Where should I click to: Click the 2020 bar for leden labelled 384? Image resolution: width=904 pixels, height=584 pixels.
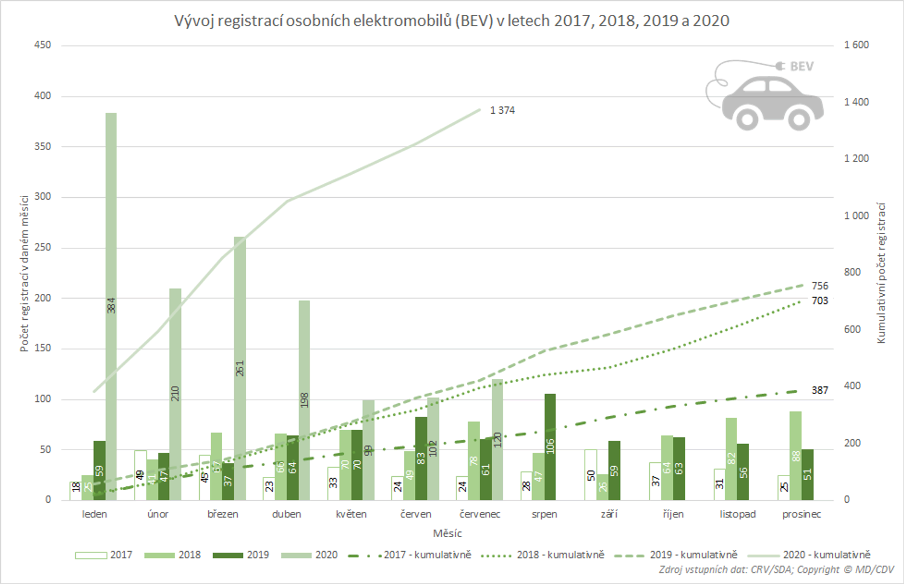tap(111, 265)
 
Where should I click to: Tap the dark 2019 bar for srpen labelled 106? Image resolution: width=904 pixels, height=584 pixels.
tap(550, 447)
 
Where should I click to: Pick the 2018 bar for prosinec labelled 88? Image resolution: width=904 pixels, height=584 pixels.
tap(796, 455)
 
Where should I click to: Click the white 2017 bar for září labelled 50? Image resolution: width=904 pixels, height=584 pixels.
tap(590, 475)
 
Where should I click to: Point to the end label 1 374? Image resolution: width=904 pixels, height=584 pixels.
tap(502, 110)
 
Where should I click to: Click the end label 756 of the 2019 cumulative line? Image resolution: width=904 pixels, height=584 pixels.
tap(820, 286)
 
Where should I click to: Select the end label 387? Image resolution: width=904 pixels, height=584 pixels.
tap(820, 390)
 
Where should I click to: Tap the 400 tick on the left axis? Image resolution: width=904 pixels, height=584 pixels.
tap(43, 96)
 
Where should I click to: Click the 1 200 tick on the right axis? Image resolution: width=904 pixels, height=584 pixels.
tap(856, 159)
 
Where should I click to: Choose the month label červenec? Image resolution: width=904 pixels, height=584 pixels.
tap(479, 514)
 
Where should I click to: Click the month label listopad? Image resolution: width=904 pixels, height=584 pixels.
tap(738, 514)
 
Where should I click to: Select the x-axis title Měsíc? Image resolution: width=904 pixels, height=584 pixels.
tap(447, 534)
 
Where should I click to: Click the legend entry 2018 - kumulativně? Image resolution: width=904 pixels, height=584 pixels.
tap(560, 555)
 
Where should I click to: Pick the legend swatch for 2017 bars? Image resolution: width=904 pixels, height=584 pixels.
tap(91, 555)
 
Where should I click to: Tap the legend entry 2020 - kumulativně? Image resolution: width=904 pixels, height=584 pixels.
tap(826, 555)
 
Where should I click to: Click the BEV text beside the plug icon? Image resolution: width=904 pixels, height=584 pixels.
tap(802, 67)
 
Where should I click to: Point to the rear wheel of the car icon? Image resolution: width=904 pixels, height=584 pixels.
tap(747, 119)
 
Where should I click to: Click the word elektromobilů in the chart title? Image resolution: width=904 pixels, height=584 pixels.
tap(403, 21)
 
